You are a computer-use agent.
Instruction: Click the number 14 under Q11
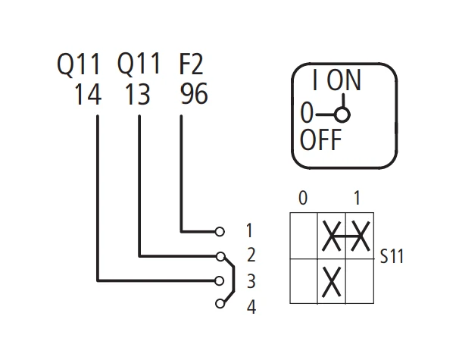88,94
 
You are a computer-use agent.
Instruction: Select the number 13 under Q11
137,94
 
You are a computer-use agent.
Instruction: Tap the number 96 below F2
194,94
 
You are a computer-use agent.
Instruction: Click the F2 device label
191,64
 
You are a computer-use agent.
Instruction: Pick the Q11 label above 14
79,64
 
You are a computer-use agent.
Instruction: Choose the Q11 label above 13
139,63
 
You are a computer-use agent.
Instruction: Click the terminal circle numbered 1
220,231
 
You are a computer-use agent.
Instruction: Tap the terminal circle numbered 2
220,256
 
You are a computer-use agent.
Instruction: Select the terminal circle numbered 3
219,281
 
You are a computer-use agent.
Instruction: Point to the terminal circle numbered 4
220,304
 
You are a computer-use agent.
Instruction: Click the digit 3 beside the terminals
251,281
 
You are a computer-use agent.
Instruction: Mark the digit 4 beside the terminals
251,307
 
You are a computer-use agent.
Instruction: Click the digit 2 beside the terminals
251,255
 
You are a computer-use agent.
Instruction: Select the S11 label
392,256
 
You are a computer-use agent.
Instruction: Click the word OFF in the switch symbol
320,139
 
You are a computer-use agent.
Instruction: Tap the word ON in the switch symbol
344,80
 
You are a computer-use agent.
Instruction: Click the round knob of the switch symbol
342,114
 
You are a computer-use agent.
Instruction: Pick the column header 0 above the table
303,198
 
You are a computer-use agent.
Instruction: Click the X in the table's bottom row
331,281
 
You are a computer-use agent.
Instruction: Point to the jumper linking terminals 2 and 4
234,279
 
